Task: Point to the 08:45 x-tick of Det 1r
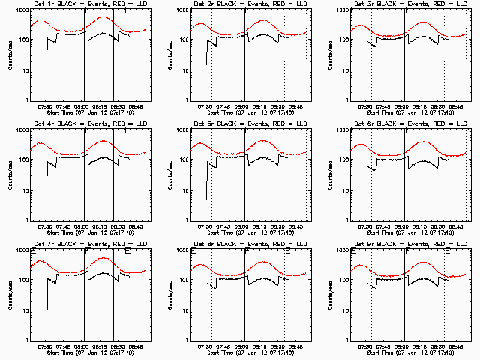point(137,107)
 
